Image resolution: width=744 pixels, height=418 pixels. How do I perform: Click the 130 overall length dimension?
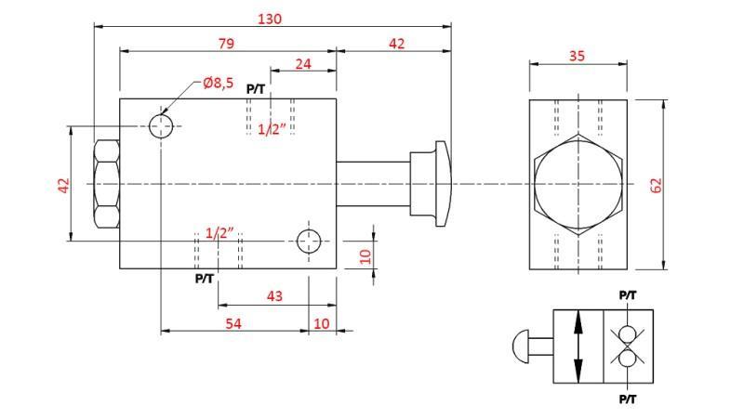[x=271, y=18]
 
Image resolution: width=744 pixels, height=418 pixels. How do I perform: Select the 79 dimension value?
[x=226, y=43]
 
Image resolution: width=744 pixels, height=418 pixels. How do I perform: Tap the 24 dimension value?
[x=303, y=64]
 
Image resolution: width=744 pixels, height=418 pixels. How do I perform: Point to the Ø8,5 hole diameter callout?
[x=219, y=84]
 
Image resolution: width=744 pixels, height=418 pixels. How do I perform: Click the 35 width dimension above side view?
[x=577, y=56]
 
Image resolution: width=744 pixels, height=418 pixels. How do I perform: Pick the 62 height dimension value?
[x=656, y=184]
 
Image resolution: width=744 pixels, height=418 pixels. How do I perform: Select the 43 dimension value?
[x=274, y=296]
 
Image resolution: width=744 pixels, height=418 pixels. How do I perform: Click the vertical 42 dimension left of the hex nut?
[x=64, y=185]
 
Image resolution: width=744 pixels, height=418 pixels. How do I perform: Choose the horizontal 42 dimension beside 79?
[x=396, y=43]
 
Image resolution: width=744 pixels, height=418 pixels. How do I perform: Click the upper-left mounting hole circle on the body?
[x=162, y=125]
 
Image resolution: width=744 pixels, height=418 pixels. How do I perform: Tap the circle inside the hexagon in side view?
[x=578, y=184]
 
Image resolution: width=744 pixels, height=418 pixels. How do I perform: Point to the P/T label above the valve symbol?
[x=628, y=295]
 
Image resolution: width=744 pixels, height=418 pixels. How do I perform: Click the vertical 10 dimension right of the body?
[x=365, y=255]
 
